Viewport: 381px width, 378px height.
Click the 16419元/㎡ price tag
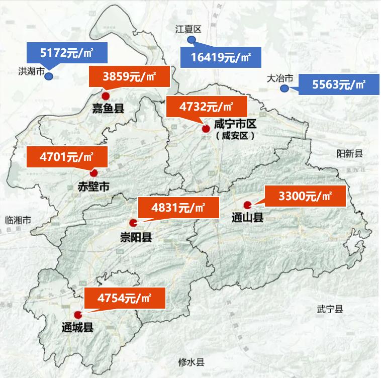pos(221,57)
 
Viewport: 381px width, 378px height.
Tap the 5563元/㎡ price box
pos(339,84)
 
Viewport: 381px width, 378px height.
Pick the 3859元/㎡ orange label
pos(129,77)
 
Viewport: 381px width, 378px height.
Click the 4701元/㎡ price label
pos(67,157)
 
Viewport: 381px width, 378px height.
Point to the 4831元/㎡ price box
pos(178,207)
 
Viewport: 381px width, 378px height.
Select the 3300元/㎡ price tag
pos(306,196)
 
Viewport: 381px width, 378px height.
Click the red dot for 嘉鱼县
pos(105,96)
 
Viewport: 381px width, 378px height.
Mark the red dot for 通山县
pos(247,205)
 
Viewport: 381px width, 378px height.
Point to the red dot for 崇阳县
pos(133,223)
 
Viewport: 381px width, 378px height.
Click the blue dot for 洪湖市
pos(50,76)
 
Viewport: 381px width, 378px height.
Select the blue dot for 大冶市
pos(284,89)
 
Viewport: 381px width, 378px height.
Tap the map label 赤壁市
pos(93,187)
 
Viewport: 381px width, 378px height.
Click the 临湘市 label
pos(18,220)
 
